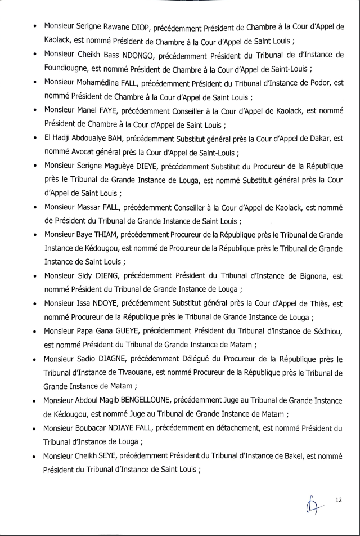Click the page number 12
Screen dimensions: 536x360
338,500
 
